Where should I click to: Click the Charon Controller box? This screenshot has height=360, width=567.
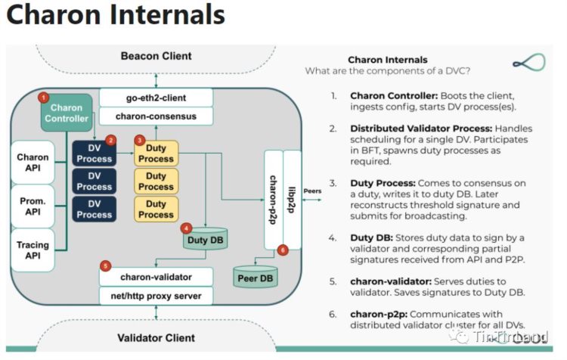67,113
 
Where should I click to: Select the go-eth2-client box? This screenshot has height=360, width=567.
156,98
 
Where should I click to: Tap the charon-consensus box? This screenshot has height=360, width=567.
156,117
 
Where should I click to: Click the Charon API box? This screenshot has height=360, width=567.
33,163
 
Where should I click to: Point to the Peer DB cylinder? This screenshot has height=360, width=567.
255,276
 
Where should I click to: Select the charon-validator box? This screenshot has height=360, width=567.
156,277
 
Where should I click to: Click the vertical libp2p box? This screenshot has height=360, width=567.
292,200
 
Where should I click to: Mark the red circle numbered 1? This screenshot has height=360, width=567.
43,98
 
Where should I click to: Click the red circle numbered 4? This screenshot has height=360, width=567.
187,227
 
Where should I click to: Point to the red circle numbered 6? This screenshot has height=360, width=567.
282,250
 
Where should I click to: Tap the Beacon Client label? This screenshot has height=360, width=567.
156,56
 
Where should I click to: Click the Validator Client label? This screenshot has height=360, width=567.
156,338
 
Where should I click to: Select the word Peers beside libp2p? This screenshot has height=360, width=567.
312,191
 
